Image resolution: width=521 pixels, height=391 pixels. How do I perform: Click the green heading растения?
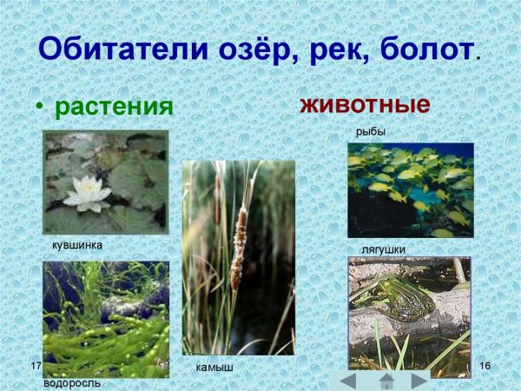(x=114, y=108)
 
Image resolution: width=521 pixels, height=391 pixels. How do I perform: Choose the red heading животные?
(x=366, y=105)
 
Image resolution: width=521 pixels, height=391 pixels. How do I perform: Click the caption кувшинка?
(x=77, y=245)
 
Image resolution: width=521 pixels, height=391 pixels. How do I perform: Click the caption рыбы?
(x=370, y=131)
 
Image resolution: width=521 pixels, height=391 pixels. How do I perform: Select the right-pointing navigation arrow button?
(x=419, y=380)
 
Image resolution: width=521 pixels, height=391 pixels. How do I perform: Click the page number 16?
(x=485, y=365)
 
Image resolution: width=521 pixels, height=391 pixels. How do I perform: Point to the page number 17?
(x=36, y=365)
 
